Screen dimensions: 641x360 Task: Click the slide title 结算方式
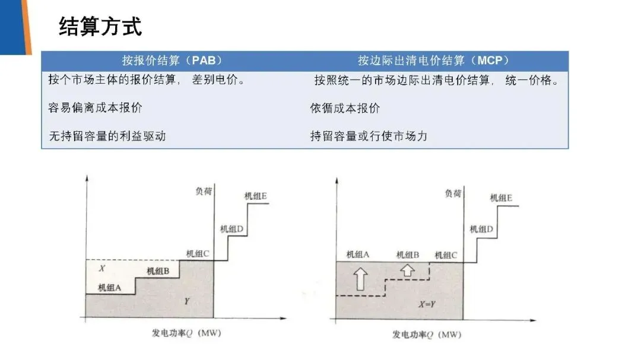(100, 27)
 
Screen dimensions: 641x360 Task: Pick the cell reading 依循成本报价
(345, 108)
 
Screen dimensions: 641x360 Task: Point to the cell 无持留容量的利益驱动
(107, 136)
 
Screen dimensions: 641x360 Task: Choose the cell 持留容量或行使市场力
(369, 136)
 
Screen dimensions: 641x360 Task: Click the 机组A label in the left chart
(110, 288)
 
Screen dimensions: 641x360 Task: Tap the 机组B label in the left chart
(158, 271)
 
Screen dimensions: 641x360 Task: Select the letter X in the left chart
(102, 269)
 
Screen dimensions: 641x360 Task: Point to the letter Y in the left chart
(186, 302)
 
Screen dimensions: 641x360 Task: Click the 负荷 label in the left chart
(204, 191)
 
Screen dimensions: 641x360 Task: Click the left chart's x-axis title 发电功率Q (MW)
(186, 334)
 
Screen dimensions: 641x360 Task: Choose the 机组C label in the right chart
(446, 255)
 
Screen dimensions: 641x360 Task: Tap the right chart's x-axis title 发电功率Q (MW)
(427, 334)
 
